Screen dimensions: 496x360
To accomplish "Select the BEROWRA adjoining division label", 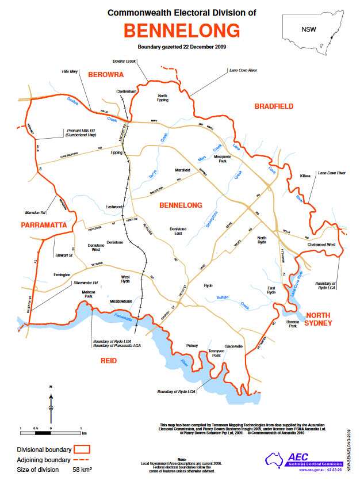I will coord(106,75).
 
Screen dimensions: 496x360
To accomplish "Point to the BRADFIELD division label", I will coord(274,106).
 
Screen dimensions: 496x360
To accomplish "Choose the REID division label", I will coord(108,361).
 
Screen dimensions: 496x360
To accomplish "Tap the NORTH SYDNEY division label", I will coord(319,319).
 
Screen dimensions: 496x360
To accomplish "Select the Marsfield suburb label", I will coord(182,171).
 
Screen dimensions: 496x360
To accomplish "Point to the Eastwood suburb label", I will coord(114,207).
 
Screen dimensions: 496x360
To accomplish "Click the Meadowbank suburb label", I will coord(122,302).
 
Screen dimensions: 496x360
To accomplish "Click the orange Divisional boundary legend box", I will coord(83,449).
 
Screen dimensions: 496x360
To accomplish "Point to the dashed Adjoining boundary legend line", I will coord(83,460).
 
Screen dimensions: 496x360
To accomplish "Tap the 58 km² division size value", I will coord(82,470).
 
